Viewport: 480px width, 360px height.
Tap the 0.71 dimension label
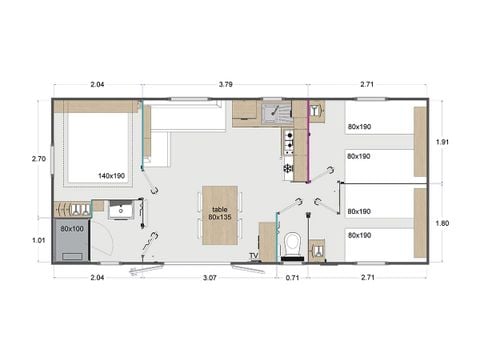coord(292,275)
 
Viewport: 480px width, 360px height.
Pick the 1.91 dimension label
coord(442,142)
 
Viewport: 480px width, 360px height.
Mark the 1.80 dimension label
coord(442,223)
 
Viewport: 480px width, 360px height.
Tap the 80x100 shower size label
coord(71,229)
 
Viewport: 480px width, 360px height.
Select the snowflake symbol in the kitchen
coord(288,169)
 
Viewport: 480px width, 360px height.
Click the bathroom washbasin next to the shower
coord(119,211)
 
